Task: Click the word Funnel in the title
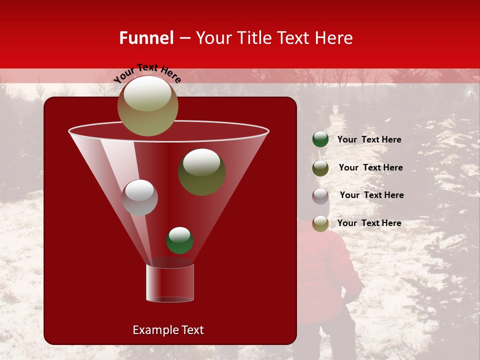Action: [146, 38]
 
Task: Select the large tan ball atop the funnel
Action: [147, 106]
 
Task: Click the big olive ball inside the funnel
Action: [201, 171]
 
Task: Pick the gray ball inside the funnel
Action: [139, 197]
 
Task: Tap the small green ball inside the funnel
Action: [179, 240]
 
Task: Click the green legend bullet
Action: [320, 139]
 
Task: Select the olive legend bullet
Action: [320, 168]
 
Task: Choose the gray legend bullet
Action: [320, 196]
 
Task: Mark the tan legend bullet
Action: [320, 223]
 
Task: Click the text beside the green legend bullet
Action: [369, 139]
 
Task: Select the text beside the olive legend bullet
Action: [370, 167]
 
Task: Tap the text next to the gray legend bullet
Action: [371, 195]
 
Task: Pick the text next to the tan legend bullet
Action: [369, 223]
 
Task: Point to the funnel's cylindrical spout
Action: [170, 283]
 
